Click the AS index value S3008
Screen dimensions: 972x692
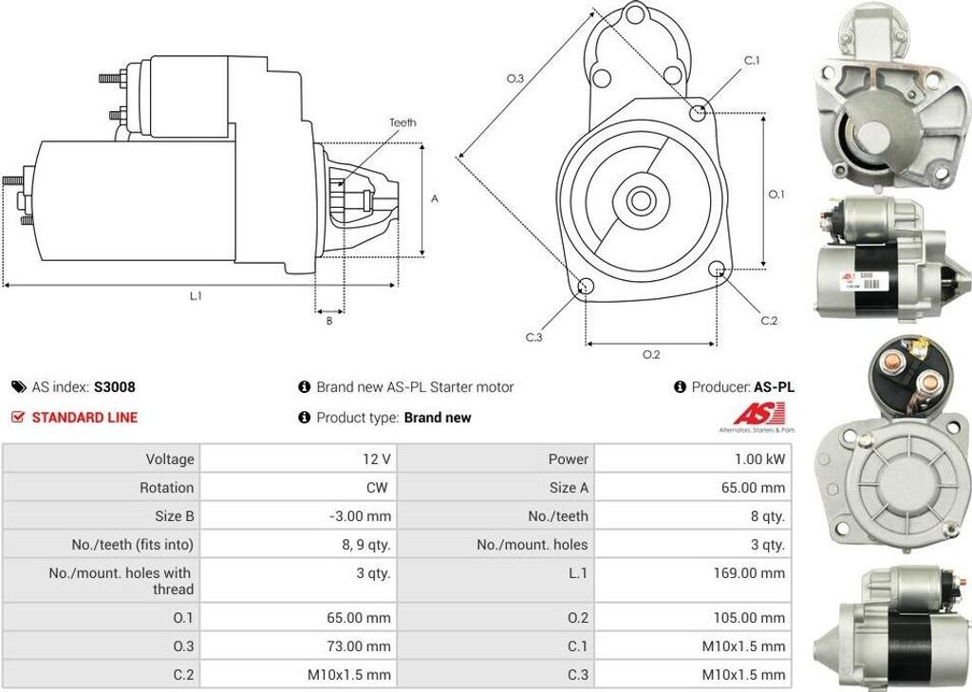tap(114, 387)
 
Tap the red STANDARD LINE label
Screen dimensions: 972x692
tap(84, 418)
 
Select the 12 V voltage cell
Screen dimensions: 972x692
tap(377, 459)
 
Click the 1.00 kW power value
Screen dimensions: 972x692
tap(761, 459)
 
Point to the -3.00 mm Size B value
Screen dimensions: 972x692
tap(359, 516)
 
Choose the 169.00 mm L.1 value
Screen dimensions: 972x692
tap(749, 573)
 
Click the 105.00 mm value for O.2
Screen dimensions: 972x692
tap(749, 618)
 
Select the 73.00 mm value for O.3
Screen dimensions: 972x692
tap(358, 646)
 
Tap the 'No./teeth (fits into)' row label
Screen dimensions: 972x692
tap(132, 545)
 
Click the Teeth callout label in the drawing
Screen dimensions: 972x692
tap(402, 122)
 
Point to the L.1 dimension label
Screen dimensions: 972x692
tap(196, 296)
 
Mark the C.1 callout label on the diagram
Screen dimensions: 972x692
tap(752, 61)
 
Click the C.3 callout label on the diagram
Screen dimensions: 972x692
tap(533, 337)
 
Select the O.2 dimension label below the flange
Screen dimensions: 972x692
tap(651, 355)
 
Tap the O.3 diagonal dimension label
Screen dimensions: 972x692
tap(515, 79)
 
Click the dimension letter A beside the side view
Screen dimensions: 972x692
tap(435, 199)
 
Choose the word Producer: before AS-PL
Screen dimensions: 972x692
tap(720, 387)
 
